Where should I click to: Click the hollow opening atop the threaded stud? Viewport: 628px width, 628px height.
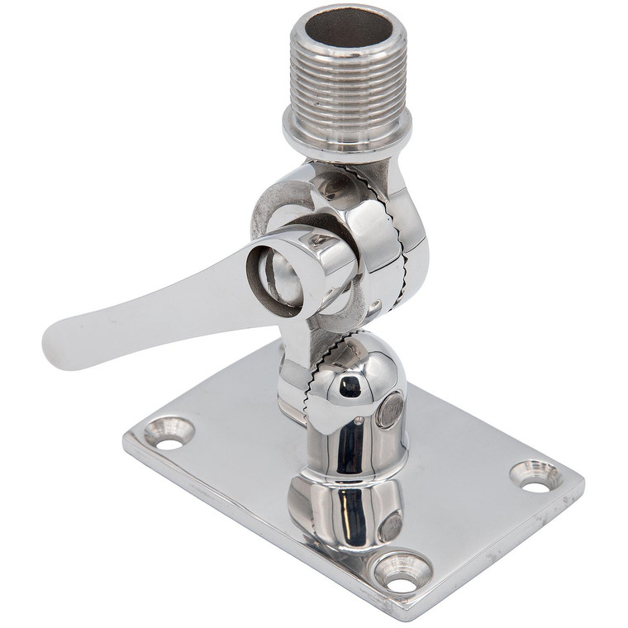[x=347, y=28]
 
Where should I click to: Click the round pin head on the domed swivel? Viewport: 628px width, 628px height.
[x=390, y=409]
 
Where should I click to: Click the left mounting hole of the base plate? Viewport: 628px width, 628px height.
[x=169, y=434]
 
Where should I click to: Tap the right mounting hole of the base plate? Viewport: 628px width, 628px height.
[x=536, y=477]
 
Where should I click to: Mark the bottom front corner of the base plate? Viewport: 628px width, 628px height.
[x=405, y=616]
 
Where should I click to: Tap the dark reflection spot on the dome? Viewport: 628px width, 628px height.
[x=350, y=385]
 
